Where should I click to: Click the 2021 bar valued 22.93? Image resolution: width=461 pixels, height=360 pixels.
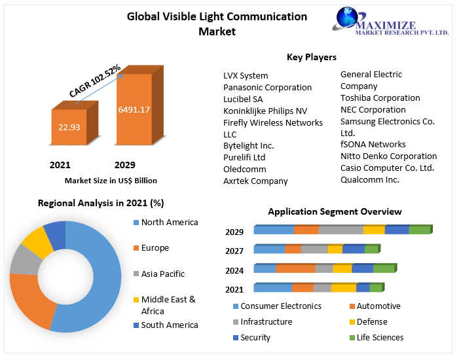coord(69,127)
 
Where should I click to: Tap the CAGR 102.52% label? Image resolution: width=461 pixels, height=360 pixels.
coord(96,81)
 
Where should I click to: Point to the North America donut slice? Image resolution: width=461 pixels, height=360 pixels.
coord(98,275)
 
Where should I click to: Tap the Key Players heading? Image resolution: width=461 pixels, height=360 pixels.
coord(312,58)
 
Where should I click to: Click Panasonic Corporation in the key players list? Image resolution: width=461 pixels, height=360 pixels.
coord(267,87)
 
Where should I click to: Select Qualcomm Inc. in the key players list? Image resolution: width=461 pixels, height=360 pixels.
coord(369,179)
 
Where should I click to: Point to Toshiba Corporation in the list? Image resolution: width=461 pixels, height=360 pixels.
coord(380,98)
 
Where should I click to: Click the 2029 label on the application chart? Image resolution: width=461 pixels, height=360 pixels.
coord(234,232)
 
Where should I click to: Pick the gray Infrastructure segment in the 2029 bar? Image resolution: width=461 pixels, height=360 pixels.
coord(341,230)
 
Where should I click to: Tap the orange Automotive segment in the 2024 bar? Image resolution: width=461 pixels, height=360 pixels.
coord(295,268)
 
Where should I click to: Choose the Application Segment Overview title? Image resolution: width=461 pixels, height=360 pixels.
coord(335,211)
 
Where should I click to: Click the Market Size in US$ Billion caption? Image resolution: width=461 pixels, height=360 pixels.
coord(111,180)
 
